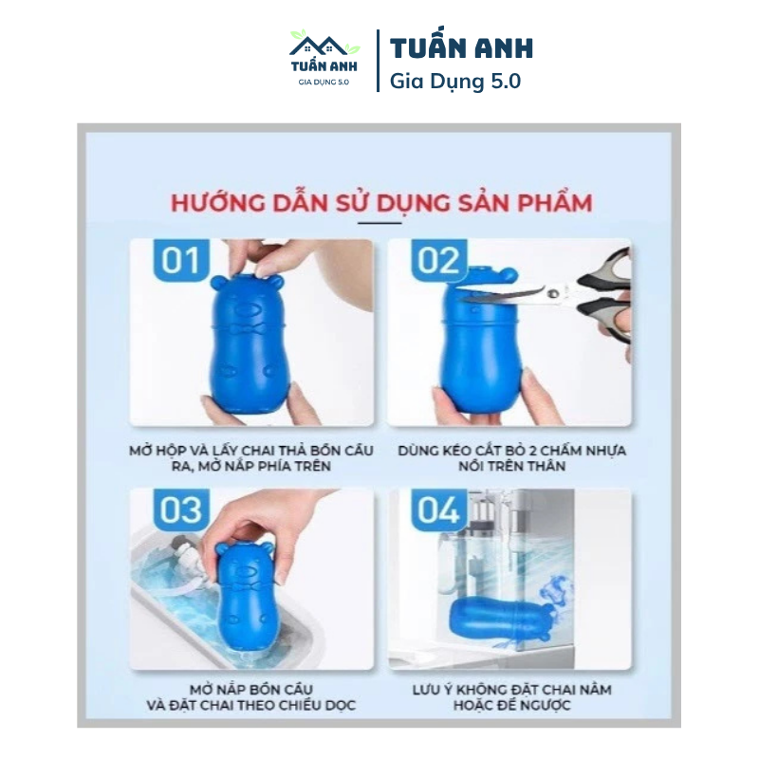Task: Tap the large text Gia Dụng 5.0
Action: point(455,81)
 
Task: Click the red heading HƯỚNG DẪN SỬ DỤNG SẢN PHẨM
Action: point(381,202)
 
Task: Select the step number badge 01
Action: point(181,260)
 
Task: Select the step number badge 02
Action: point(438,260)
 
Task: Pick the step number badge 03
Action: point(181,509)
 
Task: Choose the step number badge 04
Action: point(438,509)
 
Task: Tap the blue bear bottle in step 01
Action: point(248,342)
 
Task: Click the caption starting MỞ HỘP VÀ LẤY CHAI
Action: point(251,458)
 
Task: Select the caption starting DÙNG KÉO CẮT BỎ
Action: point(511,458)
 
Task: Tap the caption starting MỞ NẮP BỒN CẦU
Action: point(251,697)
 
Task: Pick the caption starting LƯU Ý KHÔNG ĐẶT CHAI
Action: point(511,697)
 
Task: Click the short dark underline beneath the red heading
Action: point(379,223)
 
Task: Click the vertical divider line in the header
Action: point(378,61)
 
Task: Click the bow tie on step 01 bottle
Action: point(249,329)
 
